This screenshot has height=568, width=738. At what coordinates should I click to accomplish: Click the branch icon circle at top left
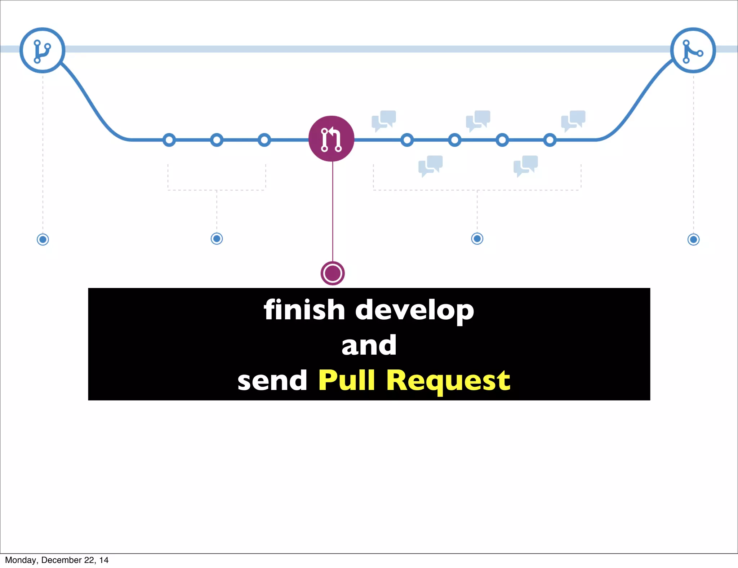[42, 50]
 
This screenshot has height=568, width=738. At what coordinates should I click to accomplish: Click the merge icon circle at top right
[693, 50]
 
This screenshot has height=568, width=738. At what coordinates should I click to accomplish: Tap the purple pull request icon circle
[331, 139]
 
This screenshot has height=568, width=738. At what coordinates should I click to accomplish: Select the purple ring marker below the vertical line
[333, 273]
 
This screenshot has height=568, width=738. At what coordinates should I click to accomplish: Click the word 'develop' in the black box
[414, 311]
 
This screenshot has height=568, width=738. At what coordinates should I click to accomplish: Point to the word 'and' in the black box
[369, 345]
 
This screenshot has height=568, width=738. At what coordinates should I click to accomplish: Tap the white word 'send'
[272, 381]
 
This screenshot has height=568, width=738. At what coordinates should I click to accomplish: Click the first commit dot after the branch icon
[169, 140]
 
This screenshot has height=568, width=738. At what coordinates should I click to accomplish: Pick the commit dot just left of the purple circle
[264, 140]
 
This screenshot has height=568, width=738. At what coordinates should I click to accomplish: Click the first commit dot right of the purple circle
[407, 140]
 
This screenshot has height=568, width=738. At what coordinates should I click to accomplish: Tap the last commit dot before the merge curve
[550, 140]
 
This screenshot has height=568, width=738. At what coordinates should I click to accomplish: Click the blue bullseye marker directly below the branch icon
[43, 239]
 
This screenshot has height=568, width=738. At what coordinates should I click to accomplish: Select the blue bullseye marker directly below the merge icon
[693, 239]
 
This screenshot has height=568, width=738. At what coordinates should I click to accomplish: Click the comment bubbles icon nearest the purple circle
[384, 120]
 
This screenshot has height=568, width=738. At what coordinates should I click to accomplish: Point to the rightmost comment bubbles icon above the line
[573, 120]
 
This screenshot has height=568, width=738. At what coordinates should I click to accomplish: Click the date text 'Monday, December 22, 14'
[57, 560]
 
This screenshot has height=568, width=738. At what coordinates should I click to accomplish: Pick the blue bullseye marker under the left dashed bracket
[217, 239]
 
